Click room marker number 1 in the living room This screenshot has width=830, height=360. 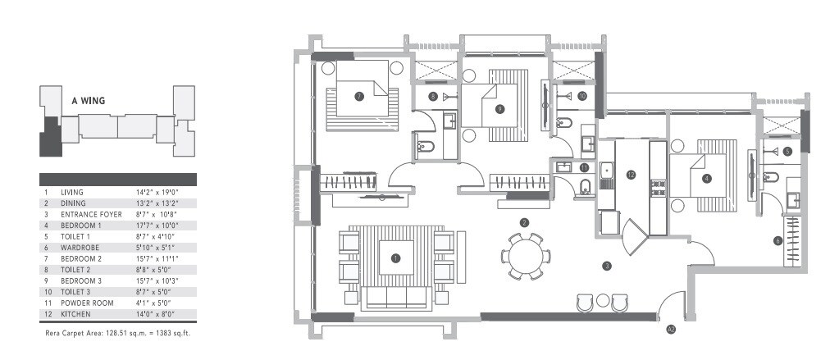click(x=395, y=257)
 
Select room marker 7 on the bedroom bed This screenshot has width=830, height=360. click(x=358, y=96)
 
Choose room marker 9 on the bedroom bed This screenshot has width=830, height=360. click(x=499, y=107)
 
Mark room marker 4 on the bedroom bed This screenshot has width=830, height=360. click(x=707, y=178)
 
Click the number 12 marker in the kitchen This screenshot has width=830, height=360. click(x=631, y=174)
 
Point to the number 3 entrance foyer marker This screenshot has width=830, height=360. click(x=607, y=265)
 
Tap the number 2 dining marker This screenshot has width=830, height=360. click(x=523, y=222)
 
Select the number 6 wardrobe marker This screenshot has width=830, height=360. click(x=778, y=240)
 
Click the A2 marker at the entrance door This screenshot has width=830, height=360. click(x=671, y=330)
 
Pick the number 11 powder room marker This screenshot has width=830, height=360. click(x=583, y=167)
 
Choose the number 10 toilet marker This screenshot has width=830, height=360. click(x=581, y=96)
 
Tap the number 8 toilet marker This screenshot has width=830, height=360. click(x=432, y=97)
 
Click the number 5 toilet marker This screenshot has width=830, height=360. click(x=787, y=151)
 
